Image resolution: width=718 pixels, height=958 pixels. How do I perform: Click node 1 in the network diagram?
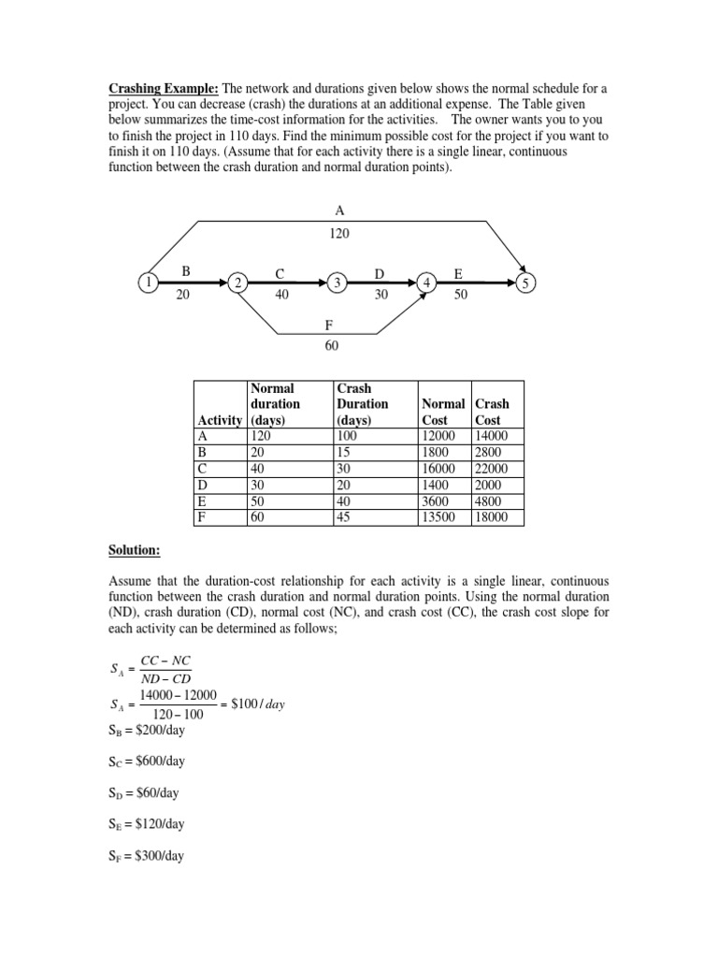pos(146,282)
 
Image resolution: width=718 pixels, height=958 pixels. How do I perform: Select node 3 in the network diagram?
pos(336,282)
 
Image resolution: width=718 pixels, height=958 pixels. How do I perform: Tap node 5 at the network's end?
pos(525,282)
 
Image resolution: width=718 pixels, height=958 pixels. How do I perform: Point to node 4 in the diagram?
pos(426,282)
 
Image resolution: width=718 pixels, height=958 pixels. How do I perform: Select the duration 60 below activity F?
pos(332,346)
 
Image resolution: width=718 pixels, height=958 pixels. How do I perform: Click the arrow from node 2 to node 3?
pos(286,282)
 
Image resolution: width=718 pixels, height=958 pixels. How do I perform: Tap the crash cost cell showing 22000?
pos(491,468)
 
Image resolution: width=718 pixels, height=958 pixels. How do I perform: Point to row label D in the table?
pos(202,484)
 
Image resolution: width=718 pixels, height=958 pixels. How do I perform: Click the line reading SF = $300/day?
pos(146,855)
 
